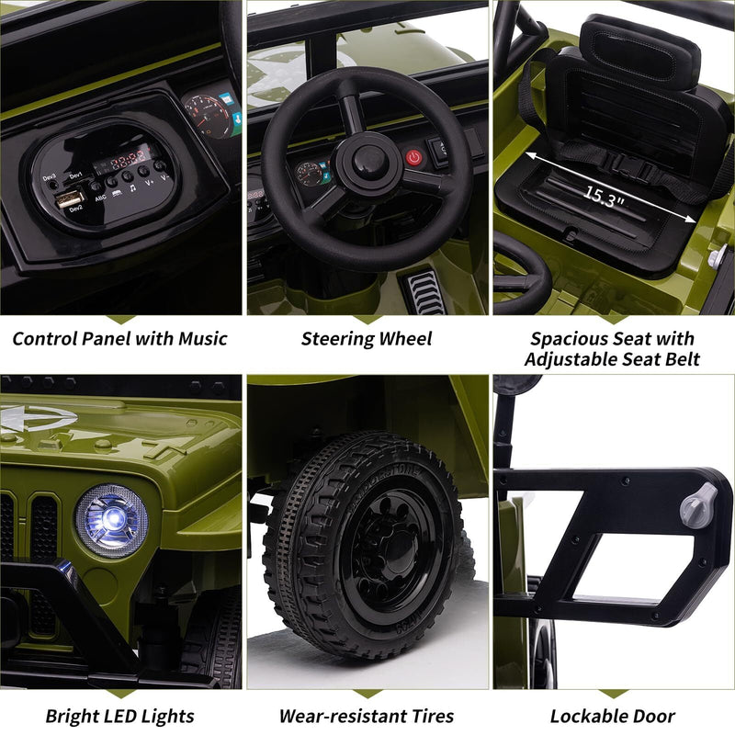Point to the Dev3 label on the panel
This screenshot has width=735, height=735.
(x=49, y=176)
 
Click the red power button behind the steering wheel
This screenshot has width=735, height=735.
(x=414, y=156)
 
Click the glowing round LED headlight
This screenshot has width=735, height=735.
(x=111, y=520)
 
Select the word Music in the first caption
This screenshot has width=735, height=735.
(x=194, y=338)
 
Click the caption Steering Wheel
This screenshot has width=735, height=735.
(x=367, y=339)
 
